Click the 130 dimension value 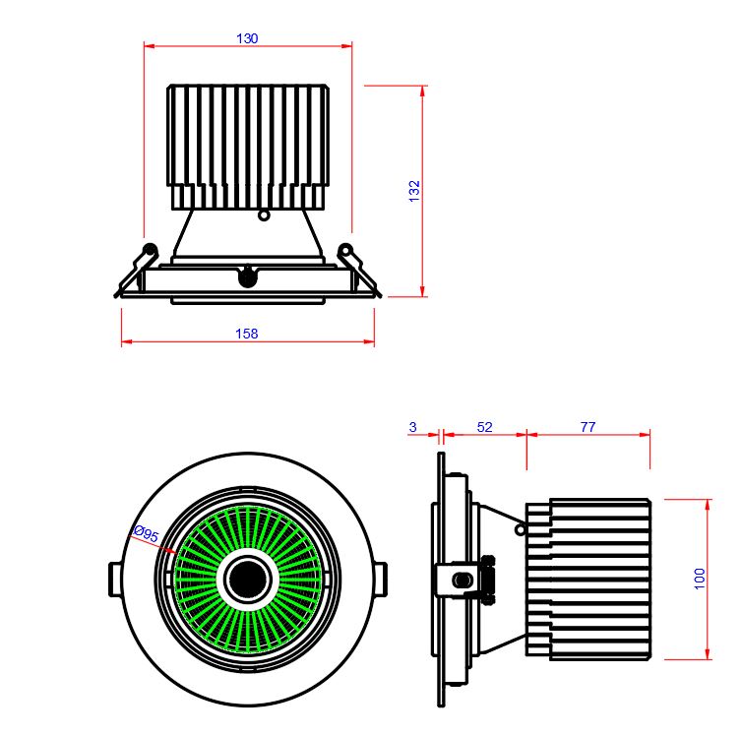pos(247,38)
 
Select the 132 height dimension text pos(414,191)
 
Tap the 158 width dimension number pos(247,334)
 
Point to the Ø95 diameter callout pos(146,535)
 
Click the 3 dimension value pos(412,427)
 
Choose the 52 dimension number pos(484,427)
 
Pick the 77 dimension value pos(587,427)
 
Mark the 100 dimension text pos(700,579)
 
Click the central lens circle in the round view pos(246,579)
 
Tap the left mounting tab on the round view pos(113,579)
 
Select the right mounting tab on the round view pos(381,579)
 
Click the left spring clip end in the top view pos(150,250)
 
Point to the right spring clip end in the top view pos(345,250)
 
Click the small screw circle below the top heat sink pos(263,214)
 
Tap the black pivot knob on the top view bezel pos(247,276)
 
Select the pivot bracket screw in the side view pos(459,579)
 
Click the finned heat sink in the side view pos(588,579)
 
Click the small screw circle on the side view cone pos(521,528)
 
